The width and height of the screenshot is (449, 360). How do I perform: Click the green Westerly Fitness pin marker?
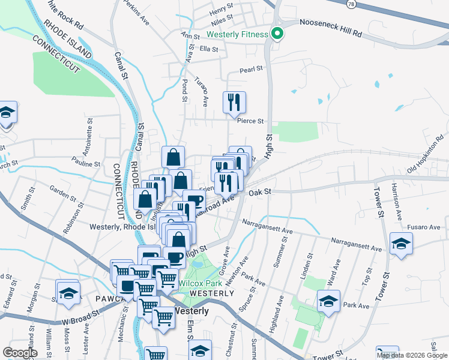277,34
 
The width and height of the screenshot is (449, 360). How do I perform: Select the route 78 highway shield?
350,4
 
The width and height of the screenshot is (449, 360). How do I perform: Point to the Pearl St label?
252,69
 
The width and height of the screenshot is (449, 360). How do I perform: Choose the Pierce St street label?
250,121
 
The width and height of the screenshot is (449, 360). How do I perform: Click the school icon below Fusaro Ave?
400,244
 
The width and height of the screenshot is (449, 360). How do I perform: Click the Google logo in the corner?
20,352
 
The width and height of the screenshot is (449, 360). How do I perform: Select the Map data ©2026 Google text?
411,355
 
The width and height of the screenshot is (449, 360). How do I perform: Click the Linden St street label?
308,262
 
